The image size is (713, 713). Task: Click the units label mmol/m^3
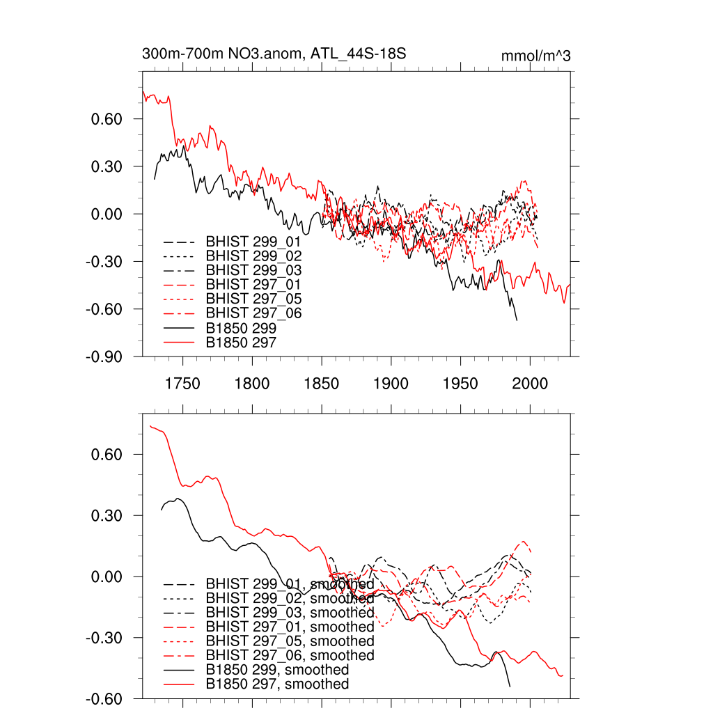point(535,56)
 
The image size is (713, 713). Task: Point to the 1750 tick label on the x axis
point(183,384)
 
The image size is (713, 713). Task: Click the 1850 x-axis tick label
point(322,384)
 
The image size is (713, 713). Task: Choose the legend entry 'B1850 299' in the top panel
point(241,328)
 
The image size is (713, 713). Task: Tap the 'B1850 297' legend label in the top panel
point(241,343)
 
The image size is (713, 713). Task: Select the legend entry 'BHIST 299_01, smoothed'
point(290,583)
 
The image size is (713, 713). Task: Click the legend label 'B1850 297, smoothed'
point(277,684)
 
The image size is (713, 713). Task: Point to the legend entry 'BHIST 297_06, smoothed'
point(290,655)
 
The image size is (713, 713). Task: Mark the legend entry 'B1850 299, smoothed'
point(277,670)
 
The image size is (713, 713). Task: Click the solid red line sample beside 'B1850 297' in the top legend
point(178,343)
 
